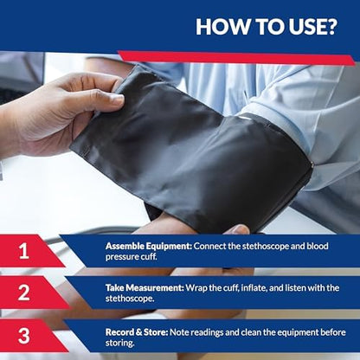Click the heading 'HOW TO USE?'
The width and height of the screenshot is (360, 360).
click(x=266, y=26)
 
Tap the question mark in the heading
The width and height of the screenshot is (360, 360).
click(x=330, y=26)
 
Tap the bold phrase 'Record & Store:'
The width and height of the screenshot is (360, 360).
click(x=137, y=329)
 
